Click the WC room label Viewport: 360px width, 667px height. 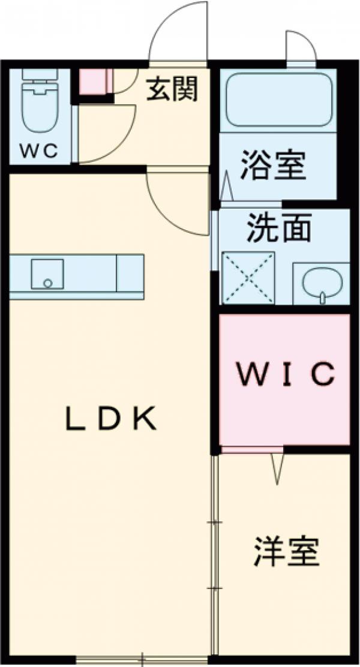[40, 150]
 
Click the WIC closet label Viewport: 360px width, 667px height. [284, 375]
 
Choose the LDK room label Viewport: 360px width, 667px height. [111, 419]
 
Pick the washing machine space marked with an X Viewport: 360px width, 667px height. [248, 277]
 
